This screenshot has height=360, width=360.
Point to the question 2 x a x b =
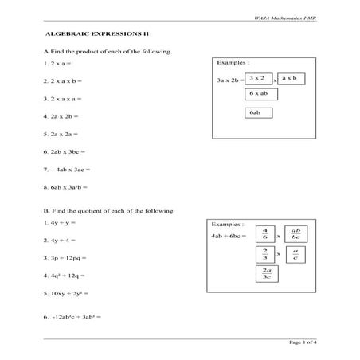64,80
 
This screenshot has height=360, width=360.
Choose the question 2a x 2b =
62,115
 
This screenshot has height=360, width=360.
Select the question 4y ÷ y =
60,222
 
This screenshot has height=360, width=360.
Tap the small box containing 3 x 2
256,79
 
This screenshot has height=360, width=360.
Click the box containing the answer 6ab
255,113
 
